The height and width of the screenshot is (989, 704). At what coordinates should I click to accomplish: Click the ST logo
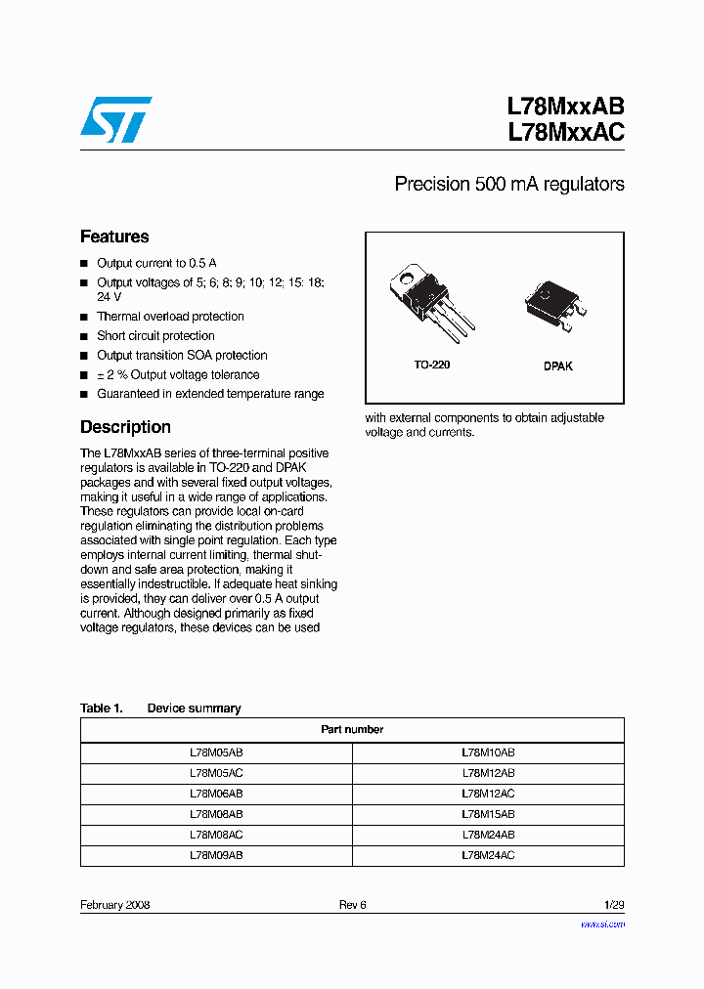click(x=116, y=119)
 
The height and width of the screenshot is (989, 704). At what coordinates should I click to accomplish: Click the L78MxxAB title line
click(x=565, y=107)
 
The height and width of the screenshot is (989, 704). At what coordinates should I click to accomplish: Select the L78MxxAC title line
click(x=565, y=133)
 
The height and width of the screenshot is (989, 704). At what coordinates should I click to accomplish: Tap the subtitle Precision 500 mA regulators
click(x=508, y=184)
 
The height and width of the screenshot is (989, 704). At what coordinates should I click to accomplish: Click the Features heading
click(x=114, y=236)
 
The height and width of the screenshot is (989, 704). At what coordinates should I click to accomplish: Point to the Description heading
click(x=125, y=427)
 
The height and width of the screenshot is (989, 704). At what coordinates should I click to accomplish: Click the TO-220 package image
click(x=431, y=297)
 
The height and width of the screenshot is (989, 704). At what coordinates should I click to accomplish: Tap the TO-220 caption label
click(x=431, y=365)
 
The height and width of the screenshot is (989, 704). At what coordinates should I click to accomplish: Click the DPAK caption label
click(x=558, y=366)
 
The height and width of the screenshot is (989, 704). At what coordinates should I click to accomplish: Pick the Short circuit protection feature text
click(x=155, y=336)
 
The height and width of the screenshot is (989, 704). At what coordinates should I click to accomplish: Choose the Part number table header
click(x=352, y=729)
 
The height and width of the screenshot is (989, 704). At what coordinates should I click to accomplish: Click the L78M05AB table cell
click(x=216, y=753)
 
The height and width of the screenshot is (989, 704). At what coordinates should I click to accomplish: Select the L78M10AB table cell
click(x=488, y=753)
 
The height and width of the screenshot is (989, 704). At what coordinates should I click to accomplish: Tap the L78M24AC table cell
click(x=488, y=855)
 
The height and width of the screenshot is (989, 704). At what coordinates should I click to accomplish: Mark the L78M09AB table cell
click(x=216, y=855)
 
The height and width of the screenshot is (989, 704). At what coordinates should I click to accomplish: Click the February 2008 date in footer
click(x=114, y=905)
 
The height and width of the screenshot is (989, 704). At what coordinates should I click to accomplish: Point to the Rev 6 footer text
click(x=352, y=905)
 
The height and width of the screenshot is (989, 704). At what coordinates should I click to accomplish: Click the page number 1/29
click(x=612, y=905)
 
